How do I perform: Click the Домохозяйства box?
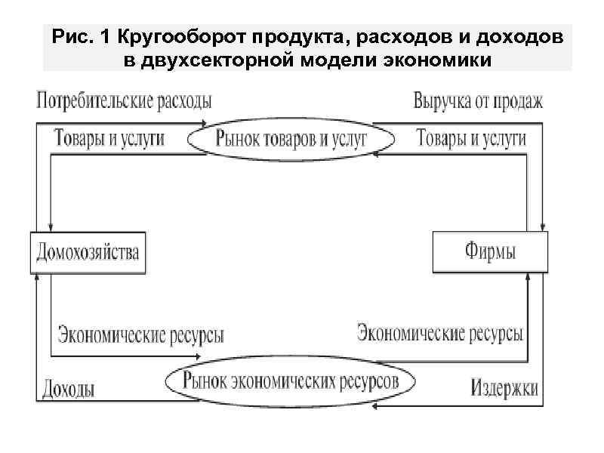click(x=88, y=252)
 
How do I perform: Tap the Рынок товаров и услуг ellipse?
click(x=291, y=138)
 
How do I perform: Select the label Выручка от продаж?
click(x=478, y=100)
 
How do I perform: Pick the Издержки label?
click(x=504, y=388)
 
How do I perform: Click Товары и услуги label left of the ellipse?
click(x=109, y=138)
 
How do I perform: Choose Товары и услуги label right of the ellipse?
click(x=472, y=138)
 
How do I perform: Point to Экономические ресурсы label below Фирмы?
click(x=439, y=332)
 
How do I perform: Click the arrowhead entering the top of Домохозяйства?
click(x=50, y=228)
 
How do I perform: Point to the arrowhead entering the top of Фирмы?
click(x=544, y=228)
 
